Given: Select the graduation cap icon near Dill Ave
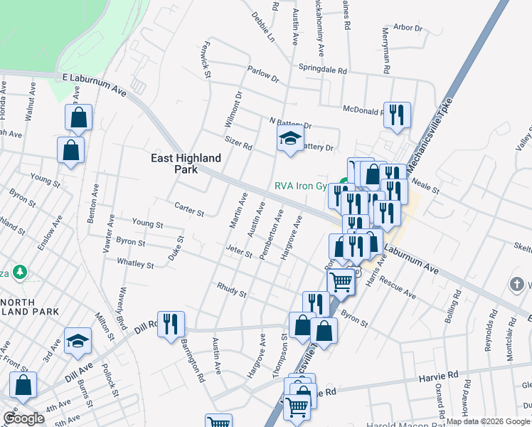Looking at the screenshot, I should [x=78, y=341].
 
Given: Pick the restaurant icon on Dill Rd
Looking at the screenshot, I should [x=171, y=325].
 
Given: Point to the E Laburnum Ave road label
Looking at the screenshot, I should [x=94, y=83].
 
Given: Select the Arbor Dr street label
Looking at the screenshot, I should [x=408, y=28].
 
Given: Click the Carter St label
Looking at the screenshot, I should [x=189, y=209].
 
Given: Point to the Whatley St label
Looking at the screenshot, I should [x=135, y=264].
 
